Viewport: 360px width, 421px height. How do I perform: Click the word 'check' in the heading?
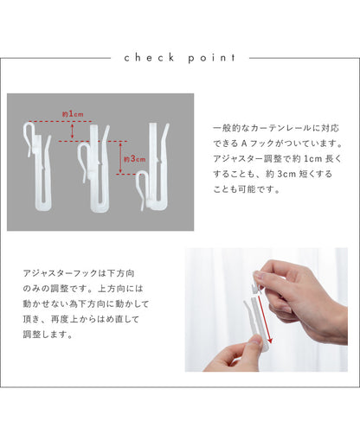[x=150, y=58]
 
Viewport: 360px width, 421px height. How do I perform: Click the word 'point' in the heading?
[x=212, y=58]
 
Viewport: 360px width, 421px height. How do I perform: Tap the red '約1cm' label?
[x=73, y=114]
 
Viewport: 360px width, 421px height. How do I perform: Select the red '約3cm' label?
[x=134, y=159]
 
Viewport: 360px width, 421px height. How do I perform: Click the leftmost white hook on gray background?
[x=38, y=166]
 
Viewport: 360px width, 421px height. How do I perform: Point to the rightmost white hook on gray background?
[x=153, y=166]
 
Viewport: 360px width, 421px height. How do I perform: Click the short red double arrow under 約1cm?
[x=72, y=131]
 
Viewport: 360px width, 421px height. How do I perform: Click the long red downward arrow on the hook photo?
[x=265, y=319]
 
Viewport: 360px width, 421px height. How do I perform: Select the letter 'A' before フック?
[x=244, y=144]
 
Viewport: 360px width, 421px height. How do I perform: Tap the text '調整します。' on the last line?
[x=48, y=335]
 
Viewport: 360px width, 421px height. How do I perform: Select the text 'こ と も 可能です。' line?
[x=247, y=189]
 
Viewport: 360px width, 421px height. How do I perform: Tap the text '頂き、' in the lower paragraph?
[x=34, y=319]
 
